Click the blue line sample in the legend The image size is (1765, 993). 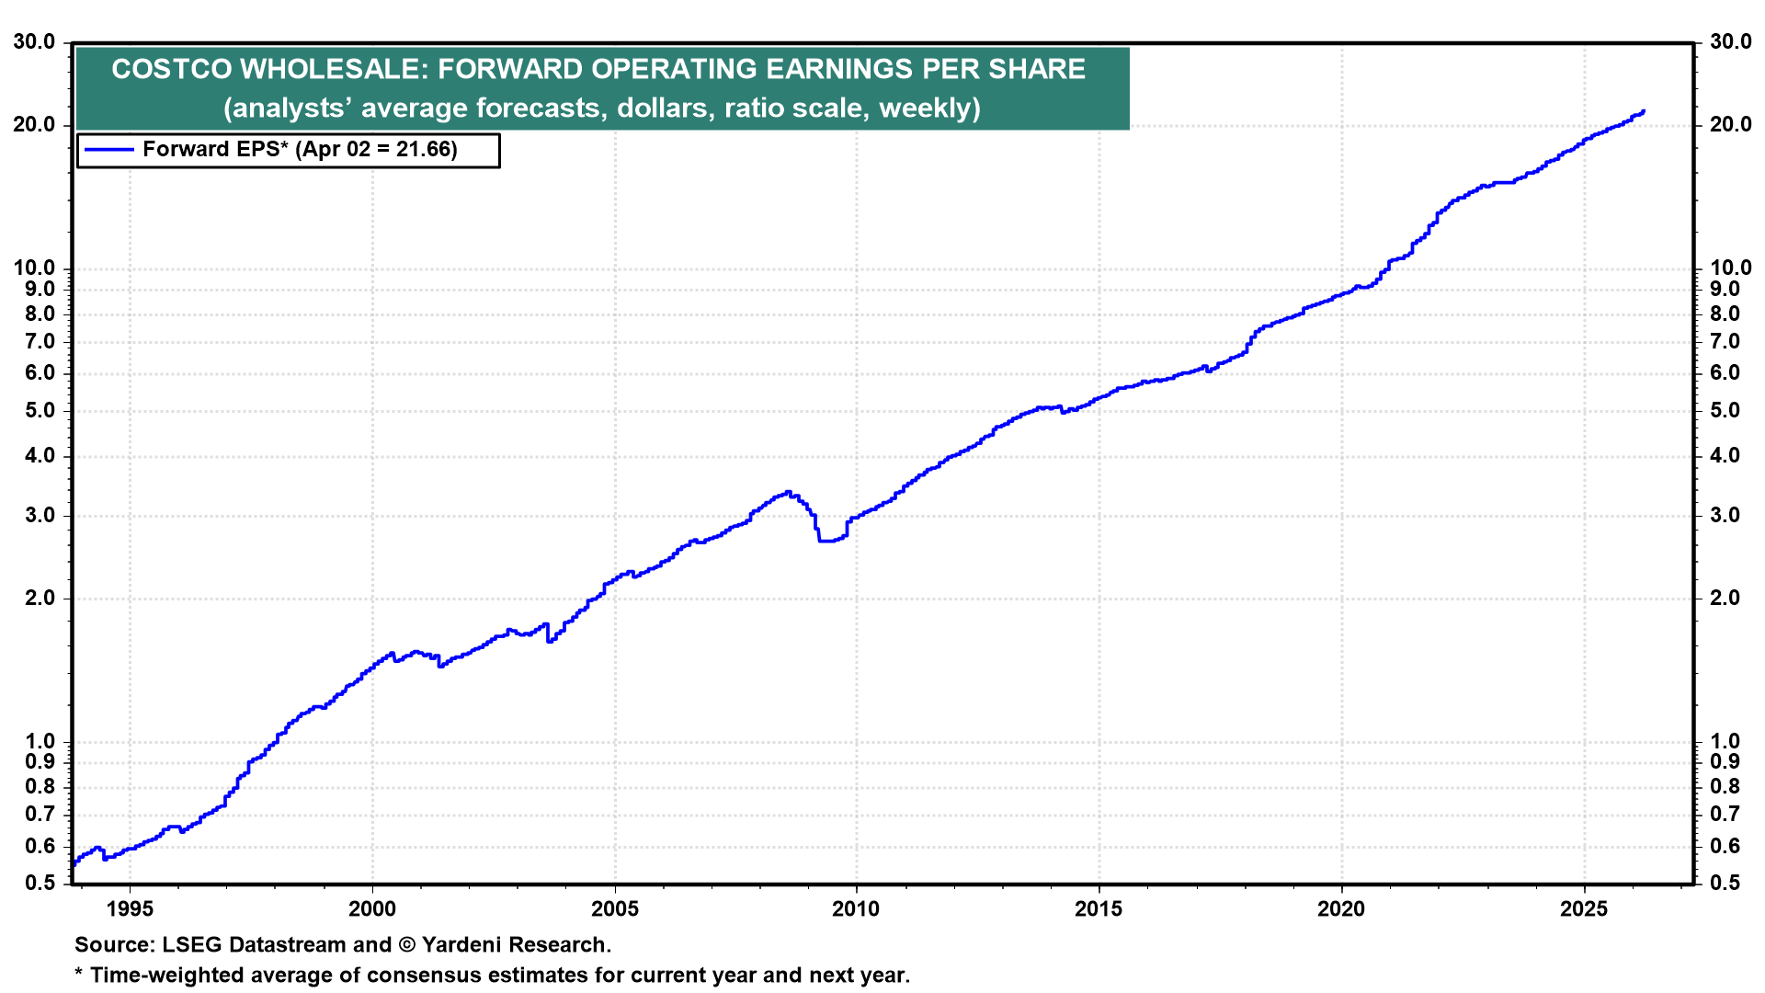point(108,150)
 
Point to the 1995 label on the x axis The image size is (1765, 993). point(130,909)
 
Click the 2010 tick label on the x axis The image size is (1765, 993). point(856,909)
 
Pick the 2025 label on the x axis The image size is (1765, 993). point(1584,909)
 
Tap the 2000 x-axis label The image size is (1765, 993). point(372,909)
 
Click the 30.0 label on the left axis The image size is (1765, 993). point(34,42)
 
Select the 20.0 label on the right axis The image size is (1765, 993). point(1730,125)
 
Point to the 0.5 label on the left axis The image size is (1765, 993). point(40,884)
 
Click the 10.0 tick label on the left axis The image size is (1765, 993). point(34,268)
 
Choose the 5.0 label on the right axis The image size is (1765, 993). point(1725,411)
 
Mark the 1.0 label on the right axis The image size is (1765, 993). point(1725,742)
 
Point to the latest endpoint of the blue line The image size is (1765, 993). point(1643,112)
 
